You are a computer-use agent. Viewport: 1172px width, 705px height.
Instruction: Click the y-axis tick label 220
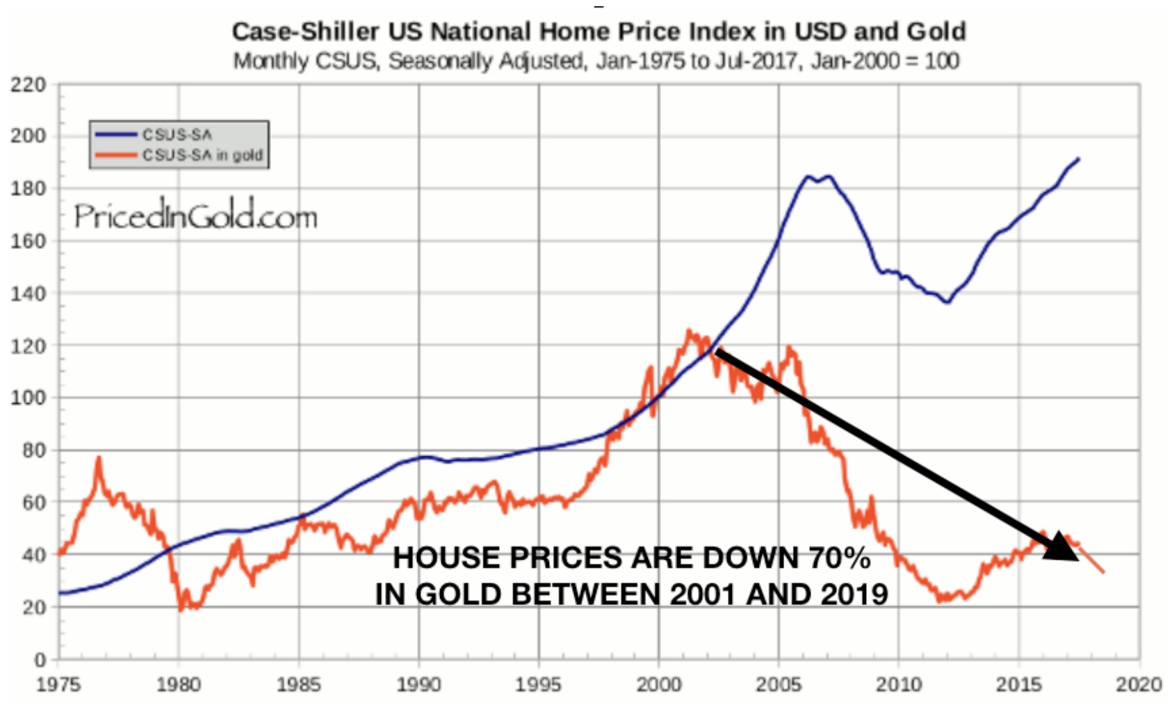coord(28,85)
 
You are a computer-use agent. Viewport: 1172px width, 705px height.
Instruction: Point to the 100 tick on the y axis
coord(28,398)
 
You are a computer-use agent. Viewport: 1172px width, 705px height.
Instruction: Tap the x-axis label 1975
coord(58,685)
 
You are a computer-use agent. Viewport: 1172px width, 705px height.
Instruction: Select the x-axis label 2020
coord(1139,685)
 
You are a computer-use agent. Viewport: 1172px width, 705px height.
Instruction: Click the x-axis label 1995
coord(539,685)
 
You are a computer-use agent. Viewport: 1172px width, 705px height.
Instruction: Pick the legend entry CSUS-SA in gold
coord(202,155)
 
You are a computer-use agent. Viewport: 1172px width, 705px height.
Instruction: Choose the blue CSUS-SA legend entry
coord(177,135)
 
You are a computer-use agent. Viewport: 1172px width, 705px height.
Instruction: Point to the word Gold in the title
coord(936,31)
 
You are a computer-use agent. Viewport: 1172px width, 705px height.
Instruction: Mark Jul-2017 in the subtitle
coord(765,61)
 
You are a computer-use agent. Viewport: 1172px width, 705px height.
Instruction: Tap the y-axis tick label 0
coord(40,658)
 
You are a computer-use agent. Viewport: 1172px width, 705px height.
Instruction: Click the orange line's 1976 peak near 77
coord(99,458)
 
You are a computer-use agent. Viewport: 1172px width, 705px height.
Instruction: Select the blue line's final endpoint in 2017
coord(1078,159)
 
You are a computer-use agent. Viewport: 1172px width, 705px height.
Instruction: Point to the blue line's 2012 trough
coord(947,302)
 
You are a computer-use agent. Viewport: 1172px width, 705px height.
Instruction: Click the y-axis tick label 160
coord(28,241)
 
